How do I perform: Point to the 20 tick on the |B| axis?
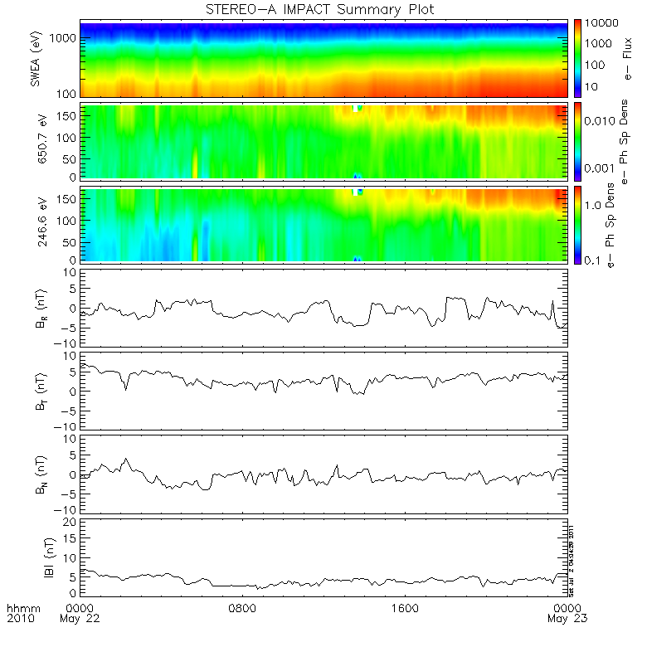tap(71, 522)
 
